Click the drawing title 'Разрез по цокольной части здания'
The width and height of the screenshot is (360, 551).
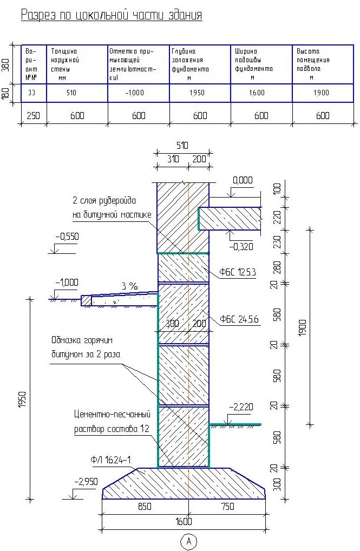point(112,15)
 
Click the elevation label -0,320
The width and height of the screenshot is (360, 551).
point(241,247)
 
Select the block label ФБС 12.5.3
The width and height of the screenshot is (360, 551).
point(238,272)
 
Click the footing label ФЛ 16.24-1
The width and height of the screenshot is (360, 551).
point(111,460)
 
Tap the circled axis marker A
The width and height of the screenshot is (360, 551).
point(188,541)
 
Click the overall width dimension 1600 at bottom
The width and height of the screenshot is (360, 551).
point(184,522)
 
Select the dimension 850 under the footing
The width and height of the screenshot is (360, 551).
point(145,507)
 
